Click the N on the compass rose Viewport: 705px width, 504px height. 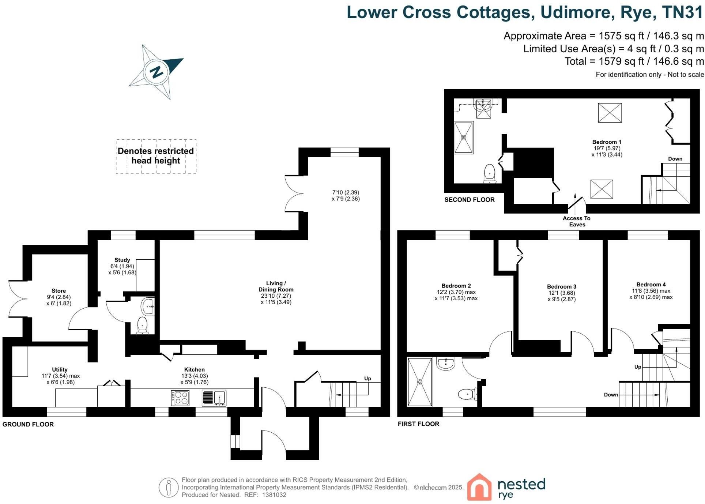point(157,72)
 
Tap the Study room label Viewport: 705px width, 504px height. point(122,260)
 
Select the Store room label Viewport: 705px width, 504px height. point(59,291)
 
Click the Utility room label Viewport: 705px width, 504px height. point(60,370)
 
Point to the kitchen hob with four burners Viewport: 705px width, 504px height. point(180,398)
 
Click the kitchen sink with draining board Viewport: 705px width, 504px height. point(214,398)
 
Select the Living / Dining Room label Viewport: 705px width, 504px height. point(276,286)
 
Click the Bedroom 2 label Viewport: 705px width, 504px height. point(456,286)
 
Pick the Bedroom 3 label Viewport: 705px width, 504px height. point(562,287)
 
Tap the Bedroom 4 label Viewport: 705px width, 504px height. point(651,285)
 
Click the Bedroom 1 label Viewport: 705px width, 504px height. point(607,142)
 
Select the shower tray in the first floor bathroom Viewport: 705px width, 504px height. point(420,382)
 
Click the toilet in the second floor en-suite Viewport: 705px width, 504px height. point(490,174)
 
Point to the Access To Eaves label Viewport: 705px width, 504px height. point(577,221)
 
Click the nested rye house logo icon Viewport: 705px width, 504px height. point(479,487)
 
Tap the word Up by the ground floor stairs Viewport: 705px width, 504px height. point(367,379)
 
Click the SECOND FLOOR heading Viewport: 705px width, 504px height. point(470,200)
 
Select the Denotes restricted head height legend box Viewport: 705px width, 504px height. point(156,156)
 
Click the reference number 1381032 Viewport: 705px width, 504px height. point(274,495)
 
